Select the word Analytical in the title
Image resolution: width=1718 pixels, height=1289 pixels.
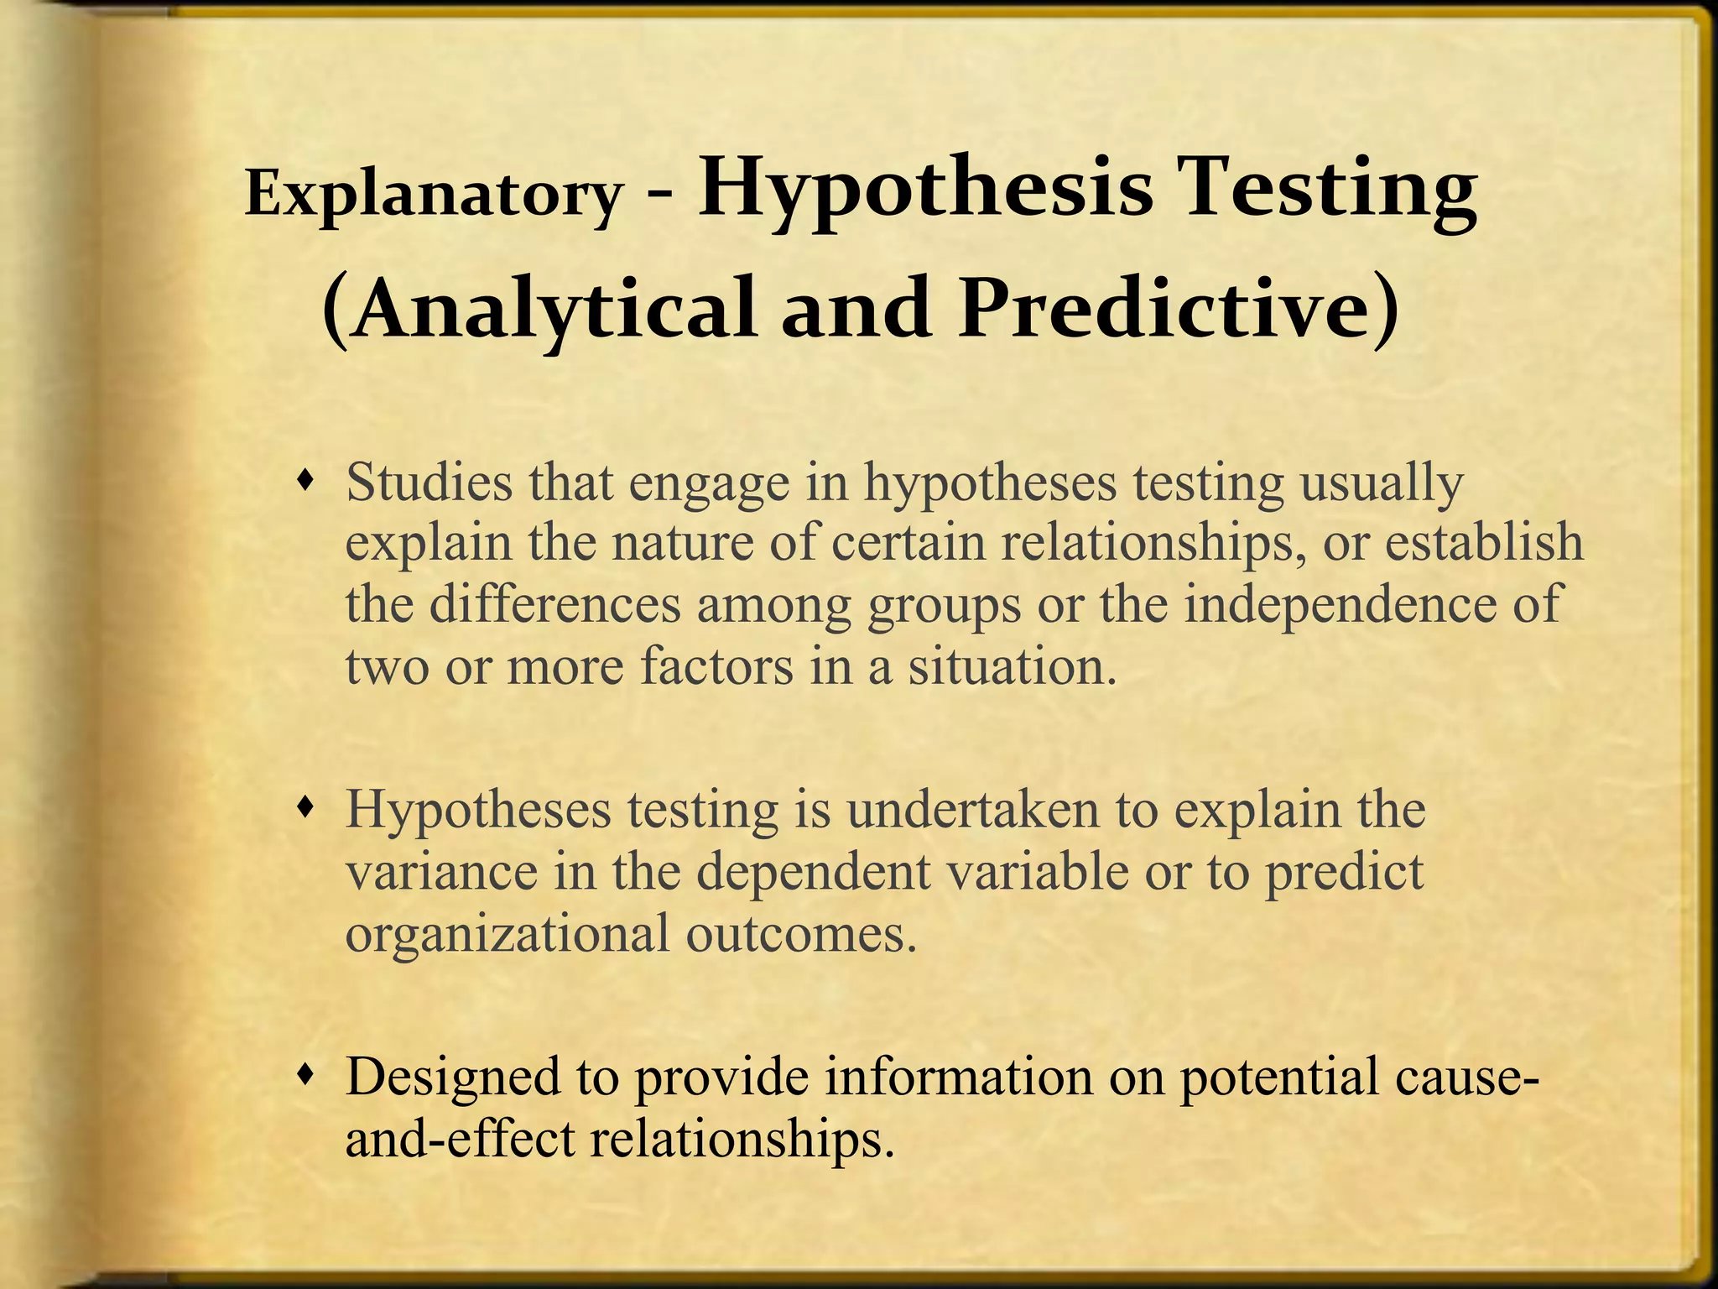[554, 310]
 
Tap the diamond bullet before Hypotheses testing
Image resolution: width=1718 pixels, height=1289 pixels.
[308, 807]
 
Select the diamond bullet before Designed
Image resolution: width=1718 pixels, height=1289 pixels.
[308, 1073]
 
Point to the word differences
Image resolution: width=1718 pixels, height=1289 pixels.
[554, 604]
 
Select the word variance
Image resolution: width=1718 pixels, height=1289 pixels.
[441, 873]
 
